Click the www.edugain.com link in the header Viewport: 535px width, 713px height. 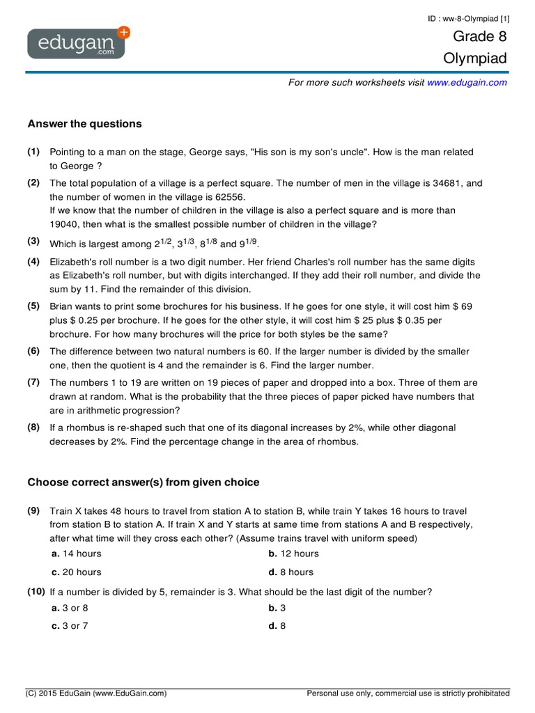tap(467, 82)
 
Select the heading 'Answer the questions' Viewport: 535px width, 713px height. tap(84, 124)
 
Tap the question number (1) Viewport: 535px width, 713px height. tap(33, 152)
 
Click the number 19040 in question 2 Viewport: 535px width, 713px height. tap(67, 224)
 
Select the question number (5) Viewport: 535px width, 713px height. tap(33, 306)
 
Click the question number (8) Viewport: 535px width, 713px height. tap(33, 428)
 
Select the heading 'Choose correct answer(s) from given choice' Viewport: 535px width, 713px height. tap(144, 482)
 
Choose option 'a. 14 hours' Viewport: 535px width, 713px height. tap(76, 554)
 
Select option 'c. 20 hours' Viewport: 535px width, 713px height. tap(76, 572)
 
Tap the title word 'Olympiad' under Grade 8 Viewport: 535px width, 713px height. tap(475, 58)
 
